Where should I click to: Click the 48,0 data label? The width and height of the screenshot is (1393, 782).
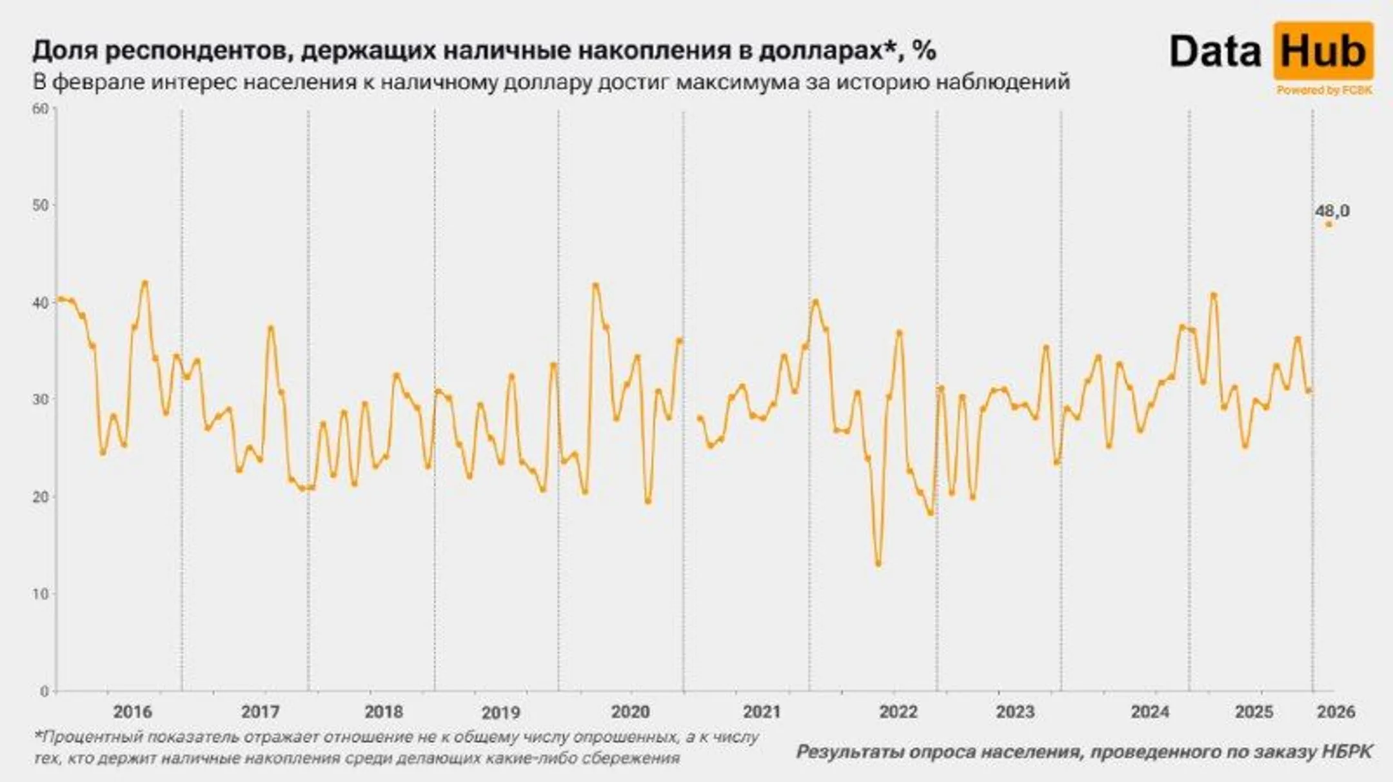point(1332,211)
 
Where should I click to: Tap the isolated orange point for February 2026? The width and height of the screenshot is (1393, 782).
point(1328,225)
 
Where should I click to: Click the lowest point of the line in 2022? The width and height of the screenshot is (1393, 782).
point(878,564)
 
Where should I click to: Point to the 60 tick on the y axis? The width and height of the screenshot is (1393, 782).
point(40,108)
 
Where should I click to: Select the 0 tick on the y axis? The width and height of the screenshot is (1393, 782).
point(44,691)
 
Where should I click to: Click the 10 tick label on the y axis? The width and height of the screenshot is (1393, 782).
point(40,594)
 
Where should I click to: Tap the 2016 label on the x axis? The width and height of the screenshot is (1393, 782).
point(132,712)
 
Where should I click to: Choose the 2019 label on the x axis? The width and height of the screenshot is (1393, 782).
point(500,712)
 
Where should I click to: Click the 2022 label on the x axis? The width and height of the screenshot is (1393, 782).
point(898,712)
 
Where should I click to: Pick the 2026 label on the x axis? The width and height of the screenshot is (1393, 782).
point(1336,712)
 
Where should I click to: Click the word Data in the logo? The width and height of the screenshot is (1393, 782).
point(1215,52)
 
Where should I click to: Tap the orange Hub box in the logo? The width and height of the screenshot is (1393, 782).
point(1323,51)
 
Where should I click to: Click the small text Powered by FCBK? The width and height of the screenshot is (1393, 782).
point(1324,90)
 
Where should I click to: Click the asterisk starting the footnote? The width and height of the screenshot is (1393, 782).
point(37,735)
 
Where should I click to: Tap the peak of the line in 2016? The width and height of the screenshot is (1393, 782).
point(144,282)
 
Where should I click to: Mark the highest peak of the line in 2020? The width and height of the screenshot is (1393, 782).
point(595,285)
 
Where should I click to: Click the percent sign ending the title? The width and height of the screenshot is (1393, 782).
point(924,50)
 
